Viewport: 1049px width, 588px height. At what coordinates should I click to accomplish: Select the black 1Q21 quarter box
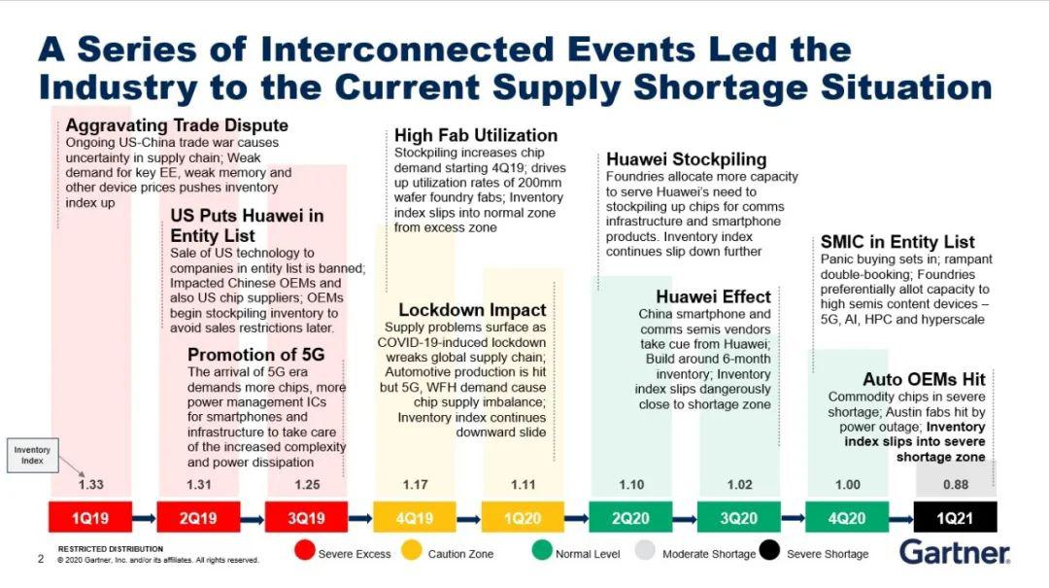[x=956, y=518]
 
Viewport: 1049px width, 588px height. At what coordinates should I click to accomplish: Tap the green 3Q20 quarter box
[x=739, y=518]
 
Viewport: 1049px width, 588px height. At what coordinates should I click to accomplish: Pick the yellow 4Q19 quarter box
[x=414, y=518]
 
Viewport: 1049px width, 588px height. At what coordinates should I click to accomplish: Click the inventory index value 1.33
[x=90, y=484]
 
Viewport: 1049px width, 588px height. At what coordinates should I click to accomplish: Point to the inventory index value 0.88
[x=956, y=484]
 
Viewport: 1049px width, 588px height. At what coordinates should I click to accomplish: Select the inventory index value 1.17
[x=415, y=484]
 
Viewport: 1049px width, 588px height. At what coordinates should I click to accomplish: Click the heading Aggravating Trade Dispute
[x=176, y=125]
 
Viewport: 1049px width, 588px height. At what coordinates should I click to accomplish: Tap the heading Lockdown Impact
[x=472, y=310]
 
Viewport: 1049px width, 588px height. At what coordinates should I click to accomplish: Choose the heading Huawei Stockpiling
[x=686, y=159]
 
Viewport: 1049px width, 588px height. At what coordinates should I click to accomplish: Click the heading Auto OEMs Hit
[x=924, y=379]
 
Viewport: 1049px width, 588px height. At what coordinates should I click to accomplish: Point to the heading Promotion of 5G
[x=255, y=355]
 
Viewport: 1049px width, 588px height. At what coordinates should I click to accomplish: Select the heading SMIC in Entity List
[x=897, y=242]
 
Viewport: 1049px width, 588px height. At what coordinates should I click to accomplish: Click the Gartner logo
[x=954, y=552]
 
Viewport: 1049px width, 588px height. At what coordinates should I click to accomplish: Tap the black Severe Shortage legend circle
[x=769, y=552]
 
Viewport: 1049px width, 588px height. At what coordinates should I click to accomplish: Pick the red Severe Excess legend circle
[x=304, y=552]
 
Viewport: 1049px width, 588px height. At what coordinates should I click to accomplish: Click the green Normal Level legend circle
[x=541, y=552]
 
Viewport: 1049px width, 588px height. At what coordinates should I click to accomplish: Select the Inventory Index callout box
[x=32, y=455]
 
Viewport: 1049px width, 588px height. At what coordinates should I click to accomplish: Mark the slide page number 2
[x=41, y=559]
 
